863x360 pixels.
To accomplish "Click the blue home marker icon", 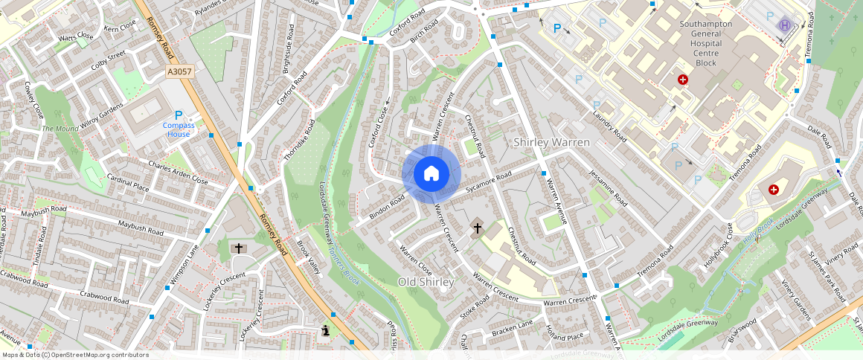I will click(431, 174).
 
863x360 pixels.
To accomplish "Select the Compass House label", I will click(179, 129).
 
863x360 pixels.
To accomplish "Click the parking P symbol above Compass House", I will click(179, 115).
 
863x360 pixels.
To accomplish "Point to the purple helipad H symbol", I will click(784, 25).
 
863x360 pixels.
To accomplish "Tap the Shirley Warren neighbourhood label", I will click(552, 142).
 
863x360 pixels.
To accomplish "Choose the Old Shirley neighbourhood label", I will click(426, 282).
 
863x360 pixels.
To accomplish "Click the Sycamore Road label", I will click(489, 183).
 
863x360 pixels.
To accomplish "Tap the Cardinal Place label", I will click(128, 182).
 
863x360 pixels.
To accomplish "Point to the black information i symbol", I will click(326, 330).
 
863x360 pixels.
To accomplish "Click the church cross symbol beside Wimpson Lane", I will click(239, 248).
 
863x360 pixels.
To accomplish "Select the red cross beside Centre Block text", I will click(682, 80).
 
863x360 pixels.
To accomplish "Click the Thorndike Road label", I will click(299, 140).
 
